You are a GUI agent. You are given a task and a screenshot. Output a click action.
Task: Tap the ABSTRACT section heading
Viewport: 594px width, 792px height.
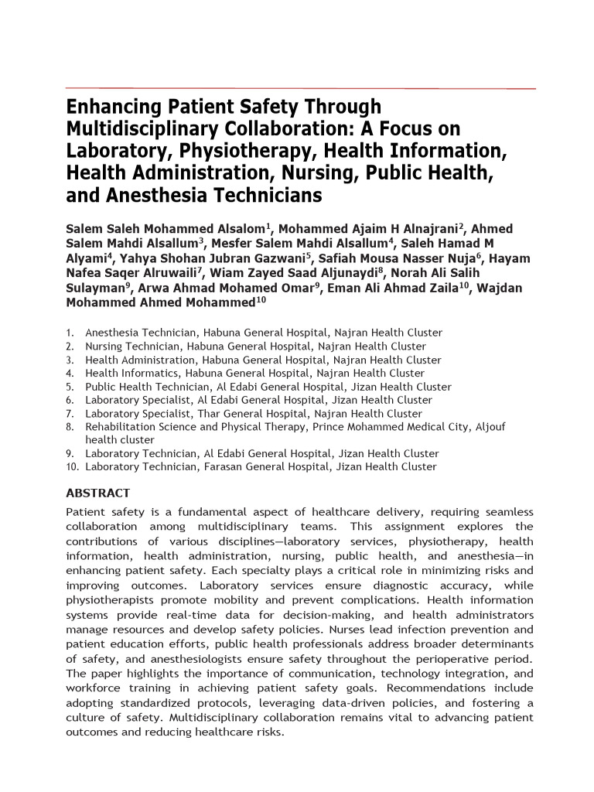coord(97,493)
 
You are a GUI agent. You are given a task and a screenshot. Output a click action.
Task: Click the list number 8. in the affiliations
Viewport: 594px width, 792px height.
coord(70,427)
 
